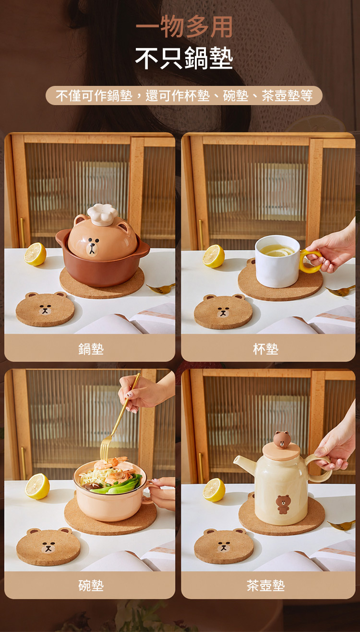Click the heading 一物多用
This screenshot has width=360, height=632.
(184, 27)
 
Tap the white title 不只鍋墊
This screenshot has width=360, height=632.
(184, 58)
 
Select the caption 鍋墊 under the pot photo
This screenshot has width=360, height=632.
(91, 349)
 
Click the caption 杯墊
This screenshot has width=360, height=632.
(266, 349)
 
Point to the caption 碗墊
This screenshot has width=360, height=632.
(91, 585)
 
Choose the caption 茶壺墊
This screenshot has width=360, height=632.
(266, 585)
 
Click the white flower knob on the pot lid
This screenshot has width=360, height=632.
(102, 214)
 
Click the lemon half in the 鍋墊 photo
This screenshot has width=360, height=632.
(35, 254)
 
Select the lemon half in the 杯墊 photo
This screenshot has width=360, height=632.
(214, 256)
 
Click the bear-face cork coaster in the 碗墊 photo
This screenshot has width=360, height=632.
(48, 547)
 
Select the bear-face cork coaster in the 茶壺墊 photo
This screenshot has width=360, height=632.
(224, 546)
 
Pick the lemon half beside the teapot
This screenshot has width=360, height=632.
(214, 490)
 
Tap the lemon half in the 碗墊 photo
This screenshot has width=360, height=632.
(37, 487)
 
